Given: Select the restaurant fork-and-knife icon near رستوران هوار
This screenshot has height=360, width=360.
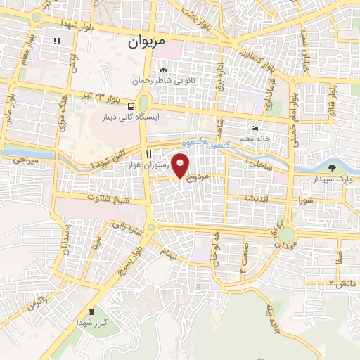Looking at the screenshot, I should pyautogui.click(x=148, y=154).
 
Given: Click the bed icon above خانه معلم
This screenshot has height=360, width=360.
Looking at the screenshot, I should pyautogui.click(x=255, y=129).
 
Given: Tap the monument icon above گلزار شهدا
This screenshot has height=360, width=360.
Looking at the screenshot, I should pyautogui.click(x=94, y=311).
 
